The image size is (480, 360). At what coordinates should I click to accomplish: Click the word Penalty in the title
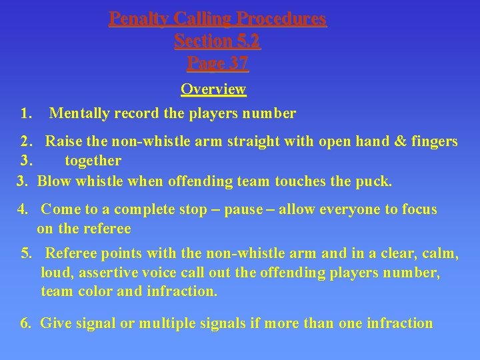coord(136,18)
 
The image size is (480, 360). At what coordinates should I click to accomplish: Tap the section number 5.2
coord(245,41)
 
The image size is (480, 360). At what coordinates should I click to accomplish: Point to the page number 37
coord(235,63)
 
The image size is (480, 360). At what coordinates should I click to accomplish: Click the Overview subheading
coord(213,89)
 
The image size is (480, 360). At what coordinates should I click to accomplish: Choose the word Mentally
coord(79,113)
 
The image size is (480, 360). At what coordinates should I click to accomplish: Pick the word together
coord(93,161)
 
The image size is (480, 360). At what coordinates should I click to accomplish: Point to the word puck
coord(376,181)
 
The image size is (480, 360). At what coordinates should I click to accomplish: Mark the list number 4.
coord(23,209)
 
